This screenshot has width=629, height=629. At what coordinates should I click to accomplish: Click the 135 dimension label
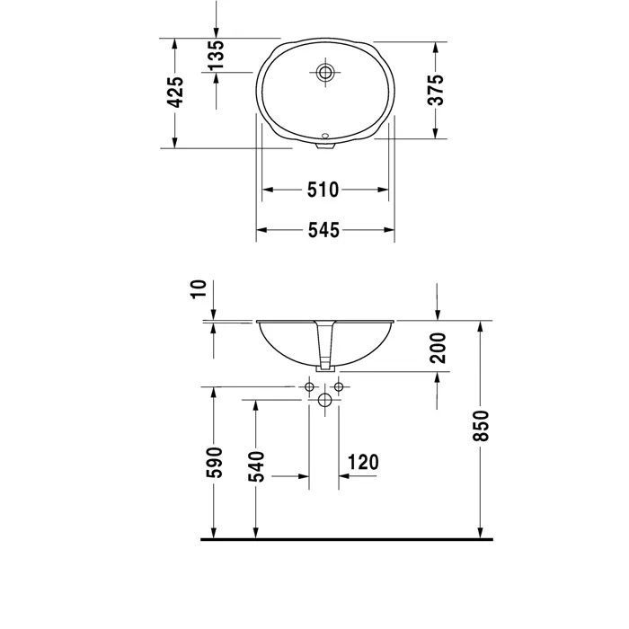[216, 55]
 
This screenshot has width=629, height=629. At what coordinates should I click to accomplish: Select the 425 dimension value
[175, 93]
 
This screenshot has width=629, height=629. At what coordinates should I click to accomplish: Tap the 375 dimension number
[436, 90]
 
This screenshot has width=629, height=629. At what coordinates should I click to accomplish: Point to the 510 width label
[323, 190]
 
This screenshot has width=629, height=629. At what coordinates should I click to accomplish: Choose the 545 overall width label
[323, 230]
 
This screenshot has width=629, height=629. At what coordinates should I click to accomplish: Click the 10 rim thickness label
[199, 289]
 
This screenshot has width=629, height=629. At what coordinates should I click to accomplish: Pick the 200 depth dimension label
[438, 348]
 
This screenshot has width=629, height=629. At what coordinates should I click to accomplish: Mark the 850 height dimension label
[481, 426]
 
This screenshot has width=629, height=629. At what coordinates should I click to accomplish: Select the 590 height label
[214, 463]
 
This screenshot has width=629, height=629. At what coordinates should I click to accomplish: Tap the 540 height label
[257, 466]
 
